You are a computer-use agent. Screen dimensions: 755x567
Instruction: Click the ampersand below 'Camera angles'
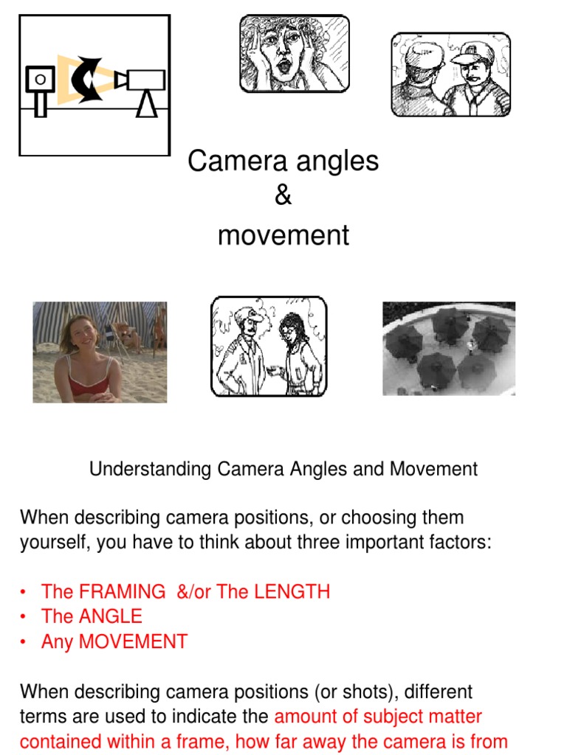click(283, 197)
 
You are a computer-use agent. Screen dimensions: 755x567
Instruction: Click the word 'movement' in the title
click(283, 236)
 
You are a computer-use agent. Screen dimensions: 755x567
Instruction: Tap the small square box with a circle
click(40, 79)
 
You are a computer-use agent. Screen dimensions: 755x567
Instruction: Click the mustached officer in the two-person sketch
click(244, 350)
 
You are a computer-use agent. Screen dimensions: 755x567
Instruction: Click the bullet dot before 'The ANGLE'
click(24, 617)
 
